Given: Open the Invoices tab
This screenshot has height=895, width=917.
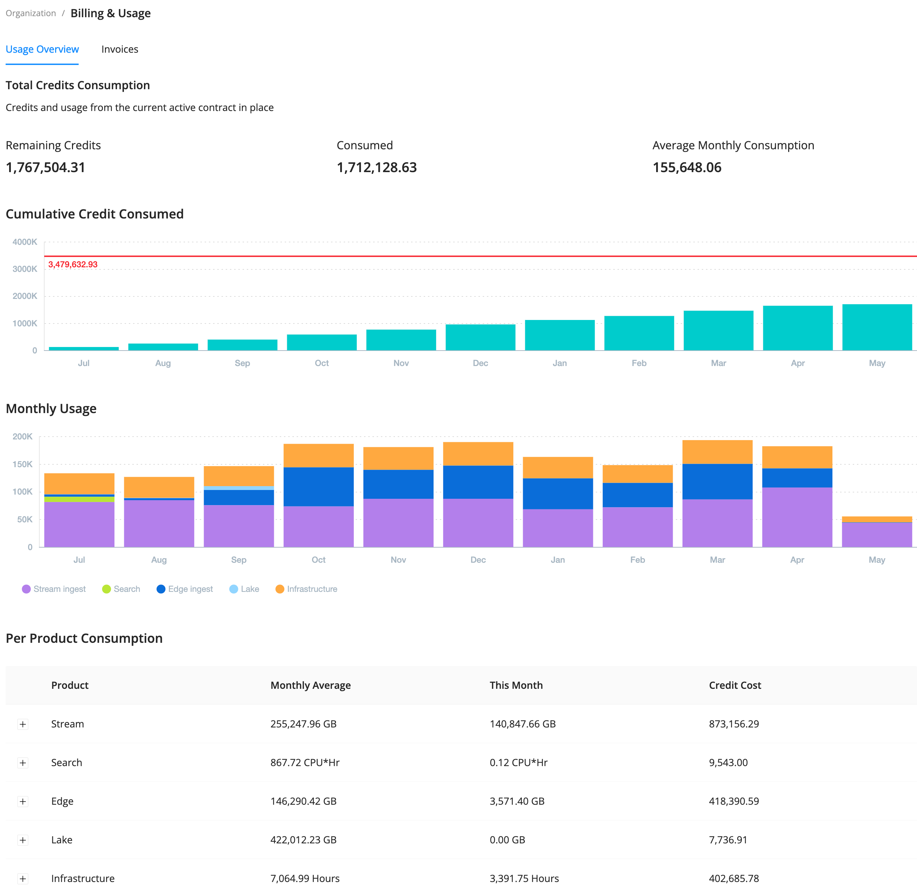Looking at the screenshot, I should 119,50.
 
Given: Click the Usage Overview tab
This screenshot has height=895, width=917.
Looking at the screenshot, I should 42,50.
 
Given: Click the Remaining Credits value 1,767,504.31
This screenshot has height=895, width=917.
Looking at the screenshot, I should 46,167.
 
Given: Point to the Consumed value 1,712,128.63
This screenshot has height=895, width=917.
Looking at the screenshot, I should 376,167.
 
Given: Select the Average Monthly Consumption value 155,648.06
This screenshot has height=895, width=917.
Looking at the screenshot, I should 686,167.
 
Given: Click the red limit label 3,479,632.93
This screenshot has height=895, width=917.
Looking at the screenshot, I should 73,264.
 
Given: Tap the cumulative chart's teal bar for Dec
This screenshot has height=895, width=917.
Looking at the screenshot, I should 480,337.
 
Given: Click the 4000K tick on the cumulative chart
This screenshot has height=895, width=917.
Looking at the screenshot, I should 25,242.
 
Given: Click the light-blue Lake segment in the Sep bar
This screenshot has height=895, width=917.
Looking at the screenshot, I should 239,488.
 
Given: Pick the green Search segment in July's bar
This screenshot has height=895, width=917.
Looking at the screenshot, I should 79,499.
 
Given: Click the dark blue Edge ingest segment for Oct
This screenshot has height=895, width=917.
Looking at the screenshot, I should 318,486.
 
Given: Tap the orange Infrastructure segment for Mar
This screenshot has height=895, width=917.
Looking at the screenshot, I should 717,452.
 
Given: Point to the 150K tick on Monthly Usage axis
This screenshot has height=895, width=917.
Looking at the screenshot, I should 22,464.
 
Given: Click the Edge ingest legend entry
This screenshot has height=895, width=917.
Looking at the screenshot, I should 185,589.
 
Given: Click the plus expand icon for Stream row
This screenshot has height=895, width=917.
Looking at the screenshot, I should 22,724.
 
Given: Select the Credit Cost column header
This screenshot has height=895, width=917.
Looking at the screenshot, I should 735,685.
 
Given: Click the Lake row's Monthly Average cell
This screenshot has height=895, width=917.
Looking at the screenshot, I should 303,840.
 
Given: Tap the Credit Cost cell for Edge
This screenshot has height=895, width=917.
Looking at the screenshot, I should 733,801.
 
